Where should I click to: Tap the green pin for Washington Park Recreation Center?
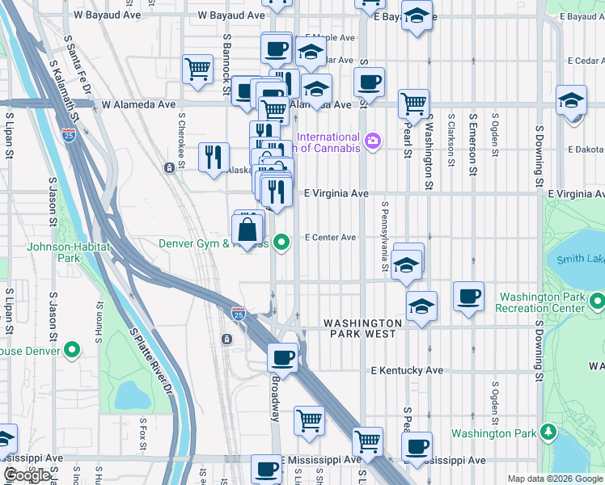[598, 302]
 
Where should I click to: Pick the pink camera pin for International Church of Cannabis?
[372, 141]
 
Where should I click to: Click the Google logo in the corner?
[26, 475]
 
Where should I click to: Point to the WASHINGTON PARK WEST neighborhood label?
[360, 328]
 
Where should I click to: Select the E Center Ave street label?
[330, 238]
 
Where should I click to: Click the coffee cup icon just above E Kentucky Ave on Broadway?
[282, 356]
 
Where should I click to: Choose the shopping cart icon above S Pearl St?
[413, 103]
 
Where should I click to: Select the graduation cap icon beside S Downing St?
[571, 100]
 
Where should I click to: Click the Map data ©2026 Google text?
[555, 479]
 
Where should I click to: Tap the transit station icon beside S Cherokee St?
[169, 168]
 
